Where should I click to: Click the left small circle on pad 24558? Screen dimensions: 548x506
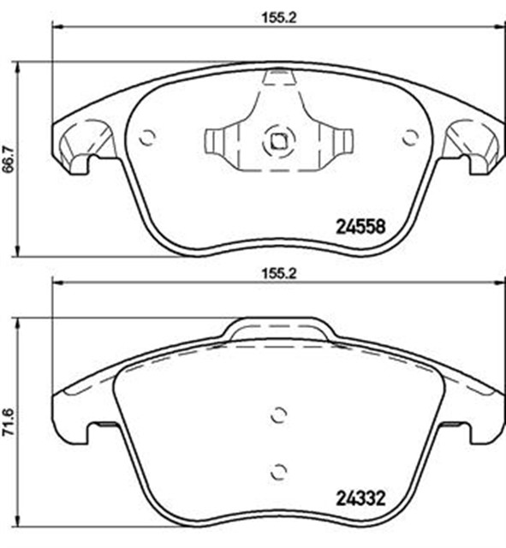click(147, 136)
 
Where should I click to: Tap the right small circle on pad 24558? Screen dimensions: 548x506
click(410, 136)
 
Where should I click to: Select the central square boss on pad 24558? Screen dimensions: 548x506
click(277, 140)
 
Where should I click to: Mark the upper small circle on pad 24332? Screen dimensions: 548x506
click(277, 415)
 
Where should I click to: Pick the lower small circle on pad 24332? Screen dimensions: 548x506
click(277, 470)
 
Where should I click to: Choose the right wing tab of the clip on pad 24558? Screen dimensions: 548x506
click(342, 140)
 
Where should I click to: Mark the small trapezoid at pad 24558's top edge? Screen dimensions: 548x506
click(277, 79)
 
